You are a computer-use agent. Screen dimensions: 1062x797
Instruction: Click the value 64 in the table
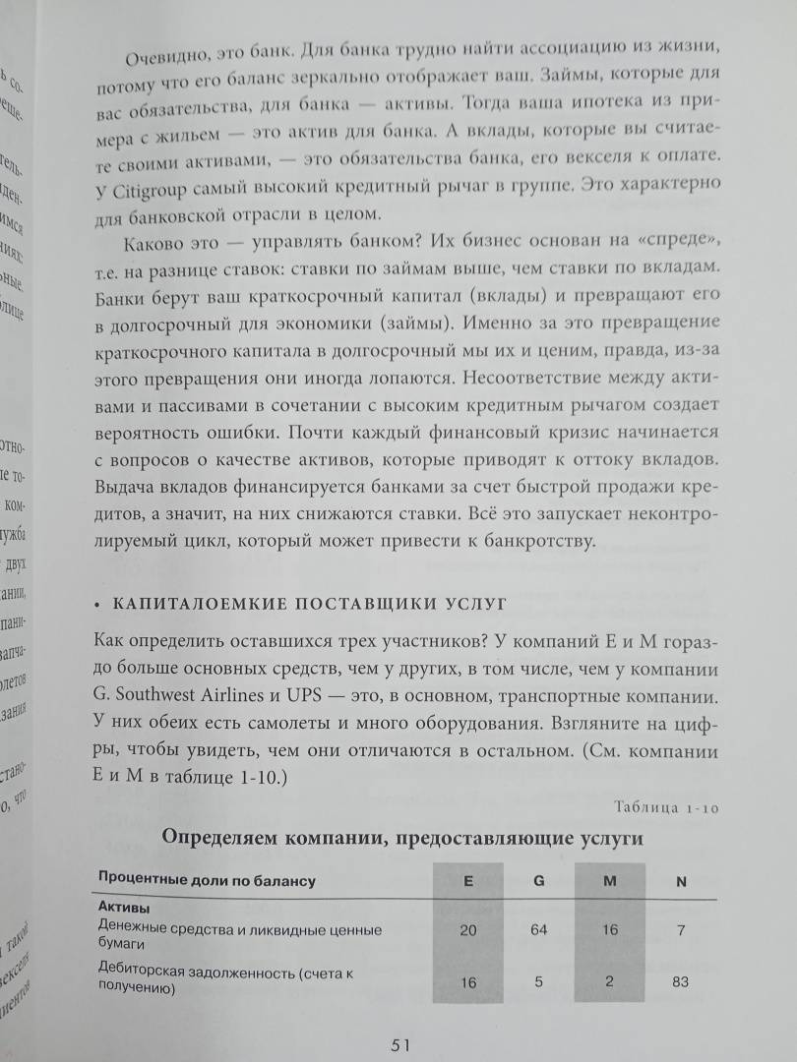(538, 929)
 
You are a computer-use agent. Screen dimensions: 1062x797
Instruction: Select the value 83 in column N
(681, 981)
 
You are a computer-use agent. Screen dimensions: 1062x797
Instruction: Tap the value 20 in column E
(467, 929)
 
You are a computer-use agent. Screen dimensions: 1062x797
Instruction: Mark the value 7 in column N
(681, 929)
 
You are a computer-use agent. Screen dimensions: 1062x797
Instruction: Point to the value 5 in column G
(538, 981)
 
